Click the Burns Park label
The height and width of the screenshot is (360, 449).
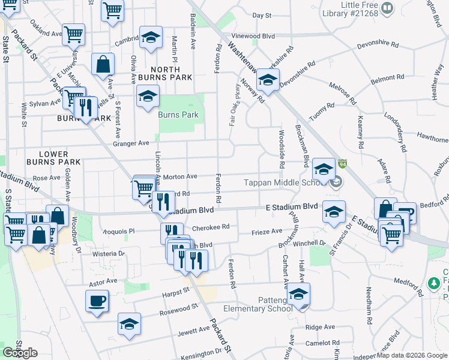[x=178, y=114]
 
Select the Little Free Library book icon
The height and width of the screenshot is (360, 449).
[x=388, y=8]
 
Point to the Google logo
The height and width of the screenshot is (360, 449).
[x=20, y=353]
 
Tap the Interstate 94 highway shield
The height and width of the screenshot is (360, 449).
[x=342, y=164]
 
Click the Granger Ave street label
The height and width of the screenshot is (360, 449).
[x=130, y=143]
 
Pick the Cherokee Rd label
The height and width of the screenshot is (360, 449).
[x=211, y=227]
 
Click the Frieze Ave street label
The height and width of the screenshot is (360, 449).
[x=267, y=231]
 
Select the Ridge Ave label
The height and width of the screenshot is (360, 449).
[x=320, y=327]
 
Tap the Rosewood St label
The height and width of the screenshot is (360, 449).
[x=178, y=310]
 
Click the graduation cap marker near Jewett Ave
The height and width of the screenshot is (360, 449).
[x=129, y=324]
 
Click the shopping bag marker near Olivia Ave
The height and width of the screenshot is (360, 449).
[x=103, y=65]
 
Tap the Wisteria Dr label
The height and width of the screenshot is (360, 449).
[x=108, y=254]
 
